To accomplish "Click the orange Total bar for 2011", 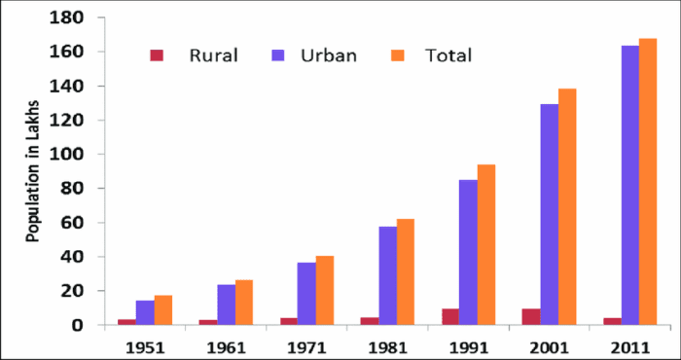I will (648, 181).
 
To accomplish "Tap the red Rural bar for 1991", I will (449, 316).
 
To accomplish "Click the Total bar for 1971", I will (324, 290).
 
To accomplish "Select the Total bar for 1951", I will (162, 309).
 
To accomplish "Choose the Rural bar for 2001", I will (531, 316).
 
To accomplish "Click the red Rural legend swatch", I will (157, 55).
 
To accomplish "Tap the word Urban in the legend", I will (329, 55).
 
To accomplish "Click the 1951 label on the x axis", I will (144, 344).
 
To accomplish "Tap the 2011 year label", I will (630, 344).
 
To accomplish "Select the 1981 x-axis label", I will (387, 344).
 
